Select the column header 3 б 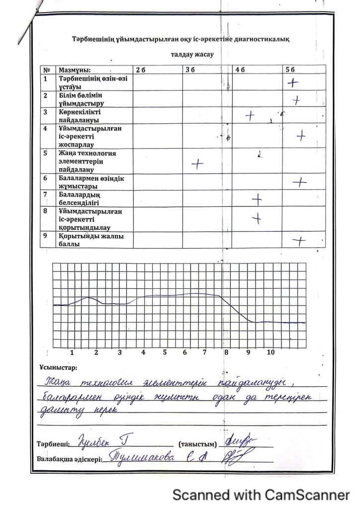(189, 71)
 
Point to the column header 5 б (290, 71)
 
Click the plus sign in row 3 (250, 117)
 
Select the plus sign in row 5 (198, 163)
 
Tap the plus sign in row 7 (257, 199)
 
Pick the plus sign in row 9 (298, 241)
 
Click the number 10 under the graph (271, 352)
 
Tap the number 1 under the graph (73, 352)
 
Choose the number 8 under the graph (226, 352)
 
